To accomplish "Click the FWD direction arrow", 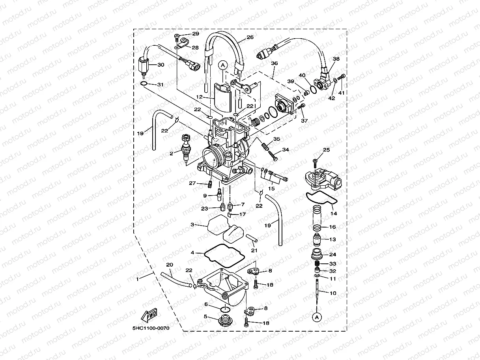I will pyautogui.click(x=149, y=315).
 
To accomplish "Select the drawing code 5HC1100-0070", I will pyautogui.click(x=151, y=328).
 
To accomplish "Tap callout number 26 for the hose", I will pyautogui.click(x=250, y=38).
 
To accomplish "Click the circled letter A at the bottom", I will pyautogui.click(x=316, y=317).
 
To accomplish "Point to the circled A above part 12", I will pyautogui.click(x=223, y=65).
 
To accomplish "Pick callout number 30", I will pyautogui.click(x=161, y=65).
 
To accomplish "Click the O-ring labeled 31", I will pyautogui.click(x=144, y=84).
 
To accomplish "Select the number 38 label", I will pyautogui.click(x=336, y=59).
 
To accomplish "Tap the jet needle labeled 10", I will pyautogui.click(x=318, y=292).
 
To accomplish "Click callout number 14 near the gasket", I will pyautogui.click(x=334, y=213).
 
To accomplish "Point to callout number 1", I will pyautogui.click(x=137, y=279).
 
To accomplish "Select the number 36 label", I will pyautogui.click(x=274, y=63).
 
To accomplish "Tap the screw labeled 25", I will pyautogui.click(x=315, y=162).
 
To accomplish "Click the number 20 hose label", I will pyautogui.click(x=170, y=265).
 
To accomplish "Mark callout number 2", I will pyautogui.click(x=172, y=153).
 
